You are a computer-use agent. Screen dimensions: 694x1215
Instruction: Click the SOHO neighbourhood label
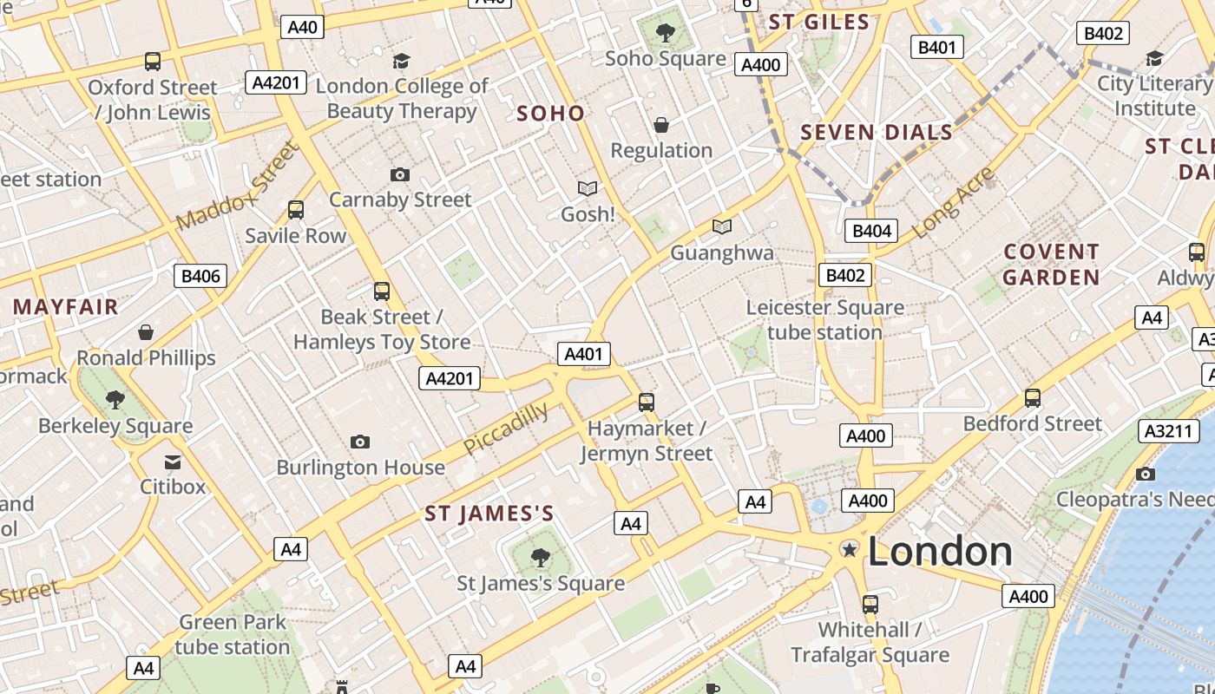coord(550,114)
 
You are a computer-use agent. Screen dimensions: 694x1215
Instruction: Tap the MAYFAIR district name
coord(65,307)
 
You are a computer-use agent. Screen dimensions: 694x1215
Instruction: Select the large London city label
coord(939,552)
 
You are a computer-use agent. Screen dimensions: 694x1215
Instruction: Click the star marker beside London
coord(850,549)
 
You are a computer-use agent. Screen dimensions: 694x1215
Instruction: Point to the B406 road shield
coord(201,277)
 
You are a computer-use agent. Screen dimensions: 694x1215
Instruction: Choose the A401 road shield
coord(583,354)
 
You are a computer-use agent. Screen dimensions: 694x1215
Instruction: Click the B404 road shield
coord(871,231)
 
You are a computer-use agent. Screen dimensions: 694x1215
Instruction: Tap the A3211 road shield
coord(1164,430)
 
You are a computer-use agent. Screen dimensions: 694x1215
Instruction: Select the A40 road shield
coord(302,27)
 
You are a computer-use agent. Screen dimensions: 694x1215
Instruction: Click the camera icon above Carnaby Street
coord(399,175)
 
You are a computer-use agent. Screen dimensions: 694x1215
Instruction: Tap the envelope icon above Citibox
coord(173,462)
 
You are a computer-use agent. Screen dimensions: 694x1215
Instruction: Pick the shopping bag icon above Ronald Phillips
coord(146,332)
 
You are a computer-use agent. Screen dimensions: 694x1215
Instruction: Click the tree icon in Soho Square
coord(666,34)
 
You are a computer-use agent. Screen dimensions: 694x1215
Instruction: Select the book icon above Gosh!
coord(588,188)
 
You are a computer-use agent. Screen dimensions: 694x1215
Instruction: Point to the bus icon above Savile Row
coord(296,210)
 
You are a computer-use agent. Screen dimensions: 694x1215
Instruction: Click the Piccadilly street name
coord(506,428)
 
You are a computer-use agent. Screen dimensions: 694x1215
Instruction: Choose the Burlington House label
coord(360,468)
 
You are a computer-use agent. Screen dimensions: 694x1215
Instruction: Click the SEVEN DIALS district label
coord(877,133)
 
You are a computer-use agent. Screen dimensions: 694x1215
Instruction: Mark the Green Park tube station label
coord(233,634)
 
